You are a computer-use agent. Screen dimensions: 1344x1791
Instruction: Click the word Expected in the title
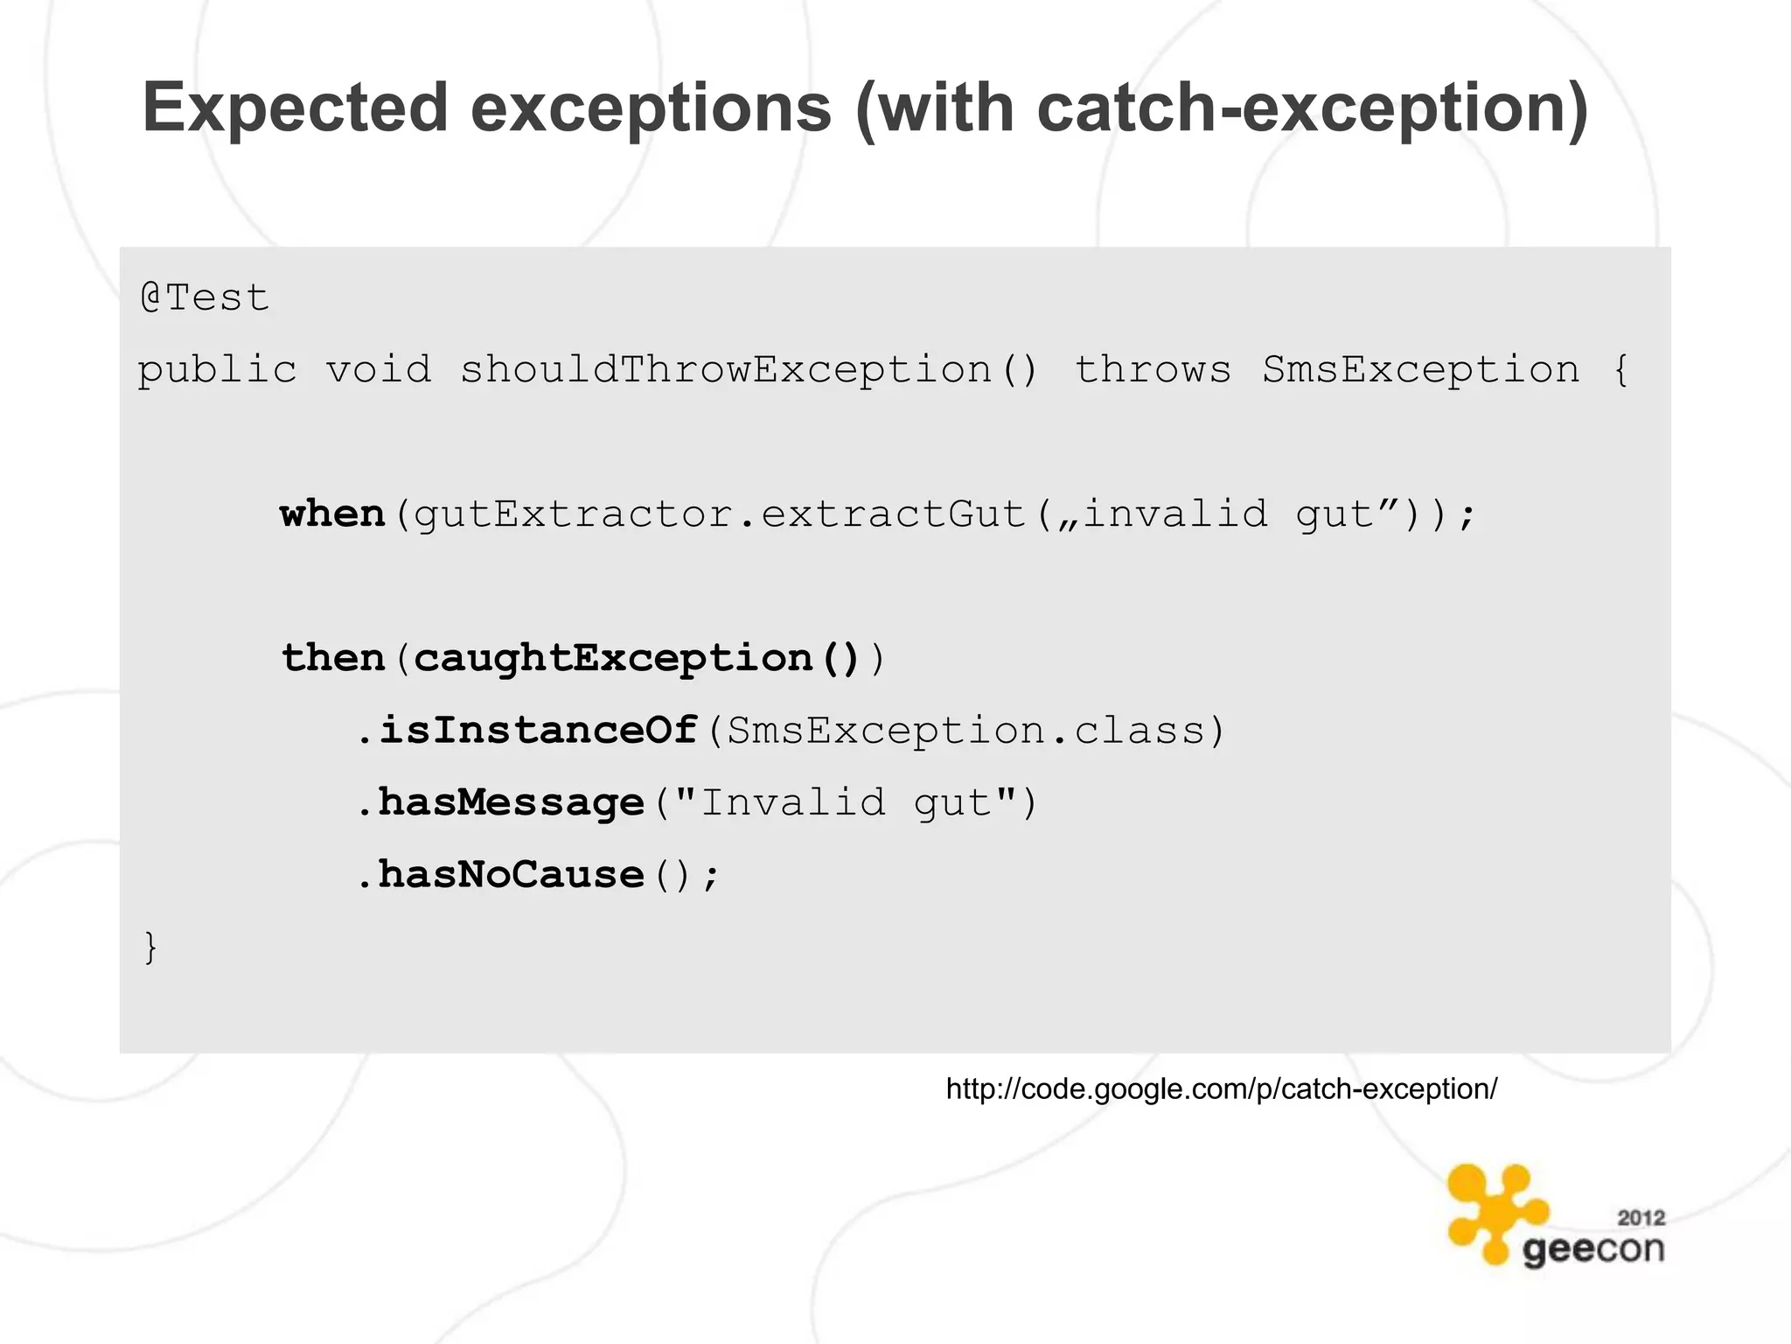point(296,108)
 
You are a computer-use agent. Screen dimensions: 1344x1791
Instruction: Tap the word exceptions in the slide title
point(651,108)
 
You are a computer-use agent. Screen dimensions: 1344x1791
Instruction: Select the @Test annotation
point(204,298)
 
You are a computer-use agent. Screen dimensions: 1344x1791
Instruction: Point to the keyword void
point(379,369)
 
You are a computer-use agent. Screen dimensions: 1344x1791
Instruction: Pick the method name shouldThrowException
point(726,369)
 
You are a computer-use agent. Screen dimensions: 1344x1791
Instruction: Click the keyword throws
point(1153,369)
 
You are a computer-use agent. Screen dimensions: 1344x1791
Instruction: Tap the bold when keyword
point(332,514)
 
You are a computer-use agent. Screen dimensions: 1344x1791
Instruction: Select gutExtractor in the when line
point(573,514)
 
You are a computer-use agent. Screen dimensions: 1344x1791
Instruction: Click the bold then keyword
point(332,658)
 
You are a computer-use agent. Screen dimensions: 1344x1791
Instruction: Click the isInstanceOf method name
point(538,730)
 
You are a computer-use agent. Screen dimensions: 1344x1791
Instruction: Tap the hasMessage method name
point(511,802)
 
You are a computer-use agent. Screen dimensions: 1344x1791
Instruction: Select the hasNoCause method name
point(511,874)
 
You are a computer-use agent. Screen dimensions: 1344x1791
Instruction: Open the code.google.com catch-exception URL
point(1221,1089)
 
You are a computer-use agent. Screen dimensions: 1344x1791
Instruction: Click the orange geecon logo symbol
point(1496,1211)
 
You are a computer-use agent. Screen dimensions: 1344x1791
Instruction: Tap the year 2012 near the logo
point(1641,1218)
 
